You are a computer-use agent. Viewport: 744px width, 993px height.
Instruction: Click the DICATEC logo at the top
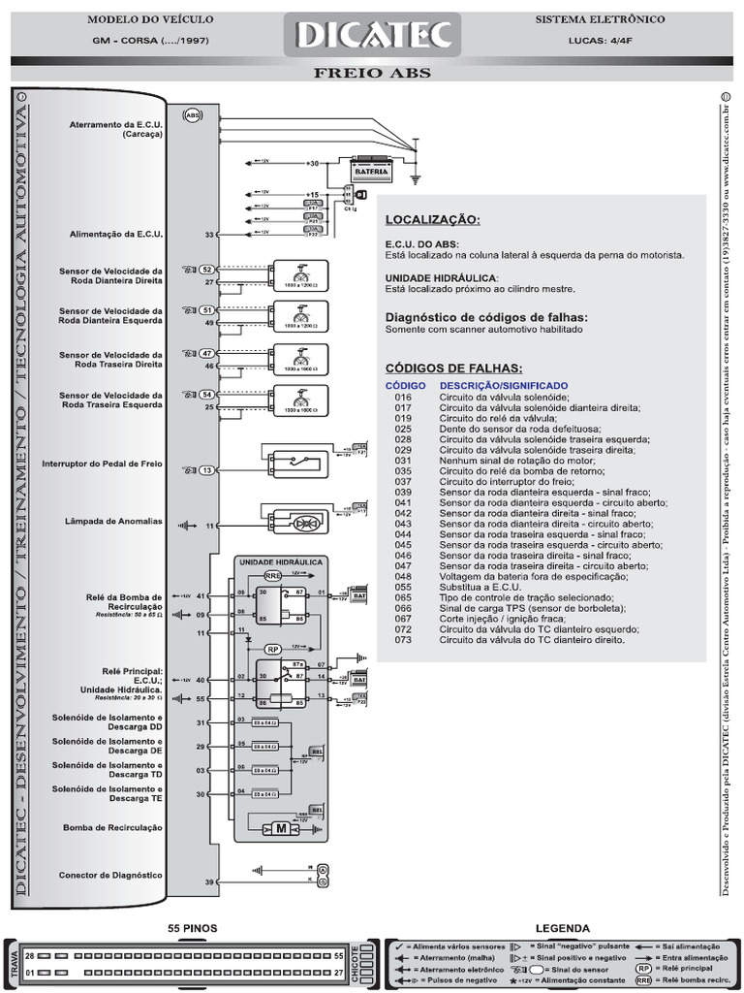coord(372,35)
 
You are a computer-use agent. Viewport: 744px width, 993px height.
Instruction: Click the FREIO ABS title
coord(372,74)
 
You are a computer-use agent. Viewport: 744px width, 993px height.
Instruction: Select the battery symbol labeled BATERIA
coord(372,171)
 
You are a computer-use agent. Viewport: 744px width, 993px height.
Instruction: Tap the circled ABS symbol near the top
coord(192,113)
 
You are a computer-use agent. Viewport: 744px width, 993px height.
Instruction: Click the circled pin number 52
coord(206,269)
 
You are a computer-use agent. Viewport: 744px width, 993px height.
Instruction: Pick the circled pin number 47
coord(206,354)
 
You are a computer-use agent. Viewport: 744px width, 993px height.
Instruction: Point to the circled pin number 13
coord(206,470)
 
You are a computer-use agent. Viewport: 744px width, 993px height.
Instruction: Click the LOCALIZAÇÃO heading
coord(432,220)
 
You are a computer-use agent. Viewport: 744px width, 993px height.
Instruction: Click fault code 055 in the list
coord(403,587)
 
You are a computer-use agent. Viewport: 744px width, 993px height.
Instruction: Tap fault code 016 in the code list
coord(403,397)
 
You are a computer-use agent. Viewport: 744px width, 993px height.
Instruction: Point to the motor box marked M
coord(282,828)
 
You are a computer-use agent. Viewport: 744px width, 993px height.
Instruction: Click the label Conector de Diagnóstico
coord(110,874)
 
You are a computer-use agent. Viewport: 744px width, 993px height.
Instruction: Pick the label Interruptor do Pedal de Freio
coord(102,464)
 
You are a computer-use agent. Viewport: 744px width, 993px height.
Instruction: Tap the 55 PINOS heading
coord(192,928)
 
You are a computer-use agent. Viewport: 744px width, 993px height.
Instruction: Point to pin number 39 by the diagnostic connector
coord(209,882)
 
